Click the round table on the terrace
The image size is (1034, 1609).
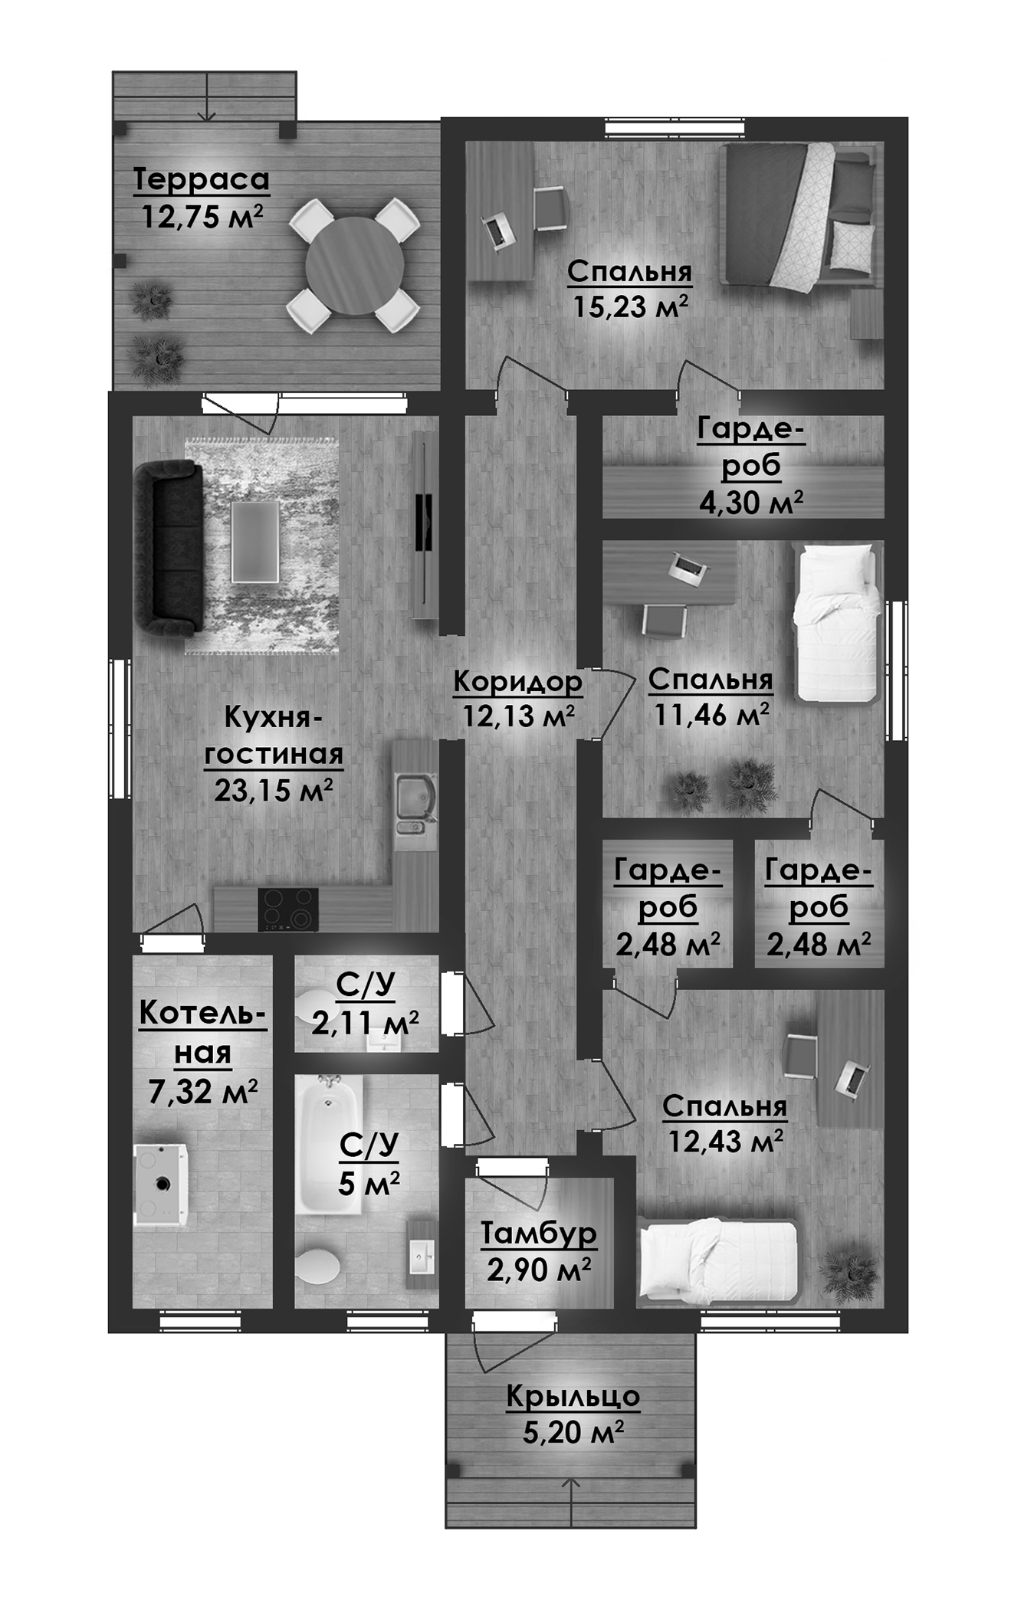point(354,265)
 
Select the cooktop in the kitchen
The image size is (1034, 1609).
point(288,909)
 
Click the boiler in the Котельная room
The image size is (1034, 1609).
point(161,1185)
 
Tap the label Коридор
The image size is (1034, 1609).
point(517,681)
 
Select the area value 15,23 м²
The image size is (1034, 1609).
point(630,307)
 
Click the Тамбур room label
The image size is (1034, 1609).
point(538,1234)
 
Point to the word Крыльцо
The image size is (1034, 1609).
point(573,1396)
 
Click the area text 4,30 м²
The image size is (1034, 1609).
point(750,503)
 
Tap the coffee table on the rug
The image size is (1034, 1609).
point(255,542)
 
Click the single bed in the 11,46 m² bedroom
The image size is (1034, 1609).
point(836,622)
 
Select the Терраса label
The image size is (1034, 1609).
point(202,179)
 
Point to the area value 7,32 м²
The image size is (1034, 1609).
point(202,1092)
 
